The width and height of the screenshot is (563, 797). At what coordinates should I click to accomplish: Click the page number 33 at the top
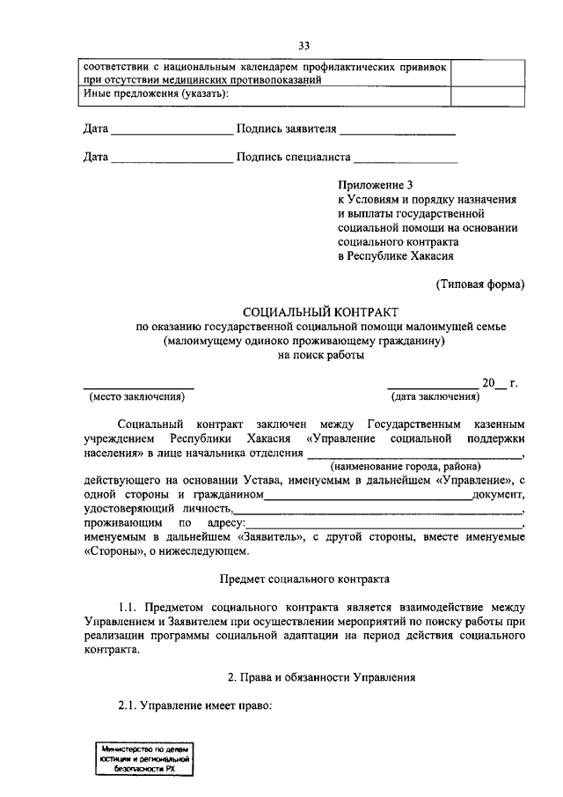coord(304,46)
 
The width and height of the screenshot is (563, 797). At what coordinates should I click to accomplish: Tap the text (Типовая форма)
coord(480,284)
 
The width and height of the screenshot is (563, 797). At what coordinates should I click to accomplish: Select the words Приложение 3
coord(375,185)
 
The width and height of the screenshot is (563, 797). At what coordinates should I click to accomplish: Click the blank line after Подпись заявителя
coord(397,130)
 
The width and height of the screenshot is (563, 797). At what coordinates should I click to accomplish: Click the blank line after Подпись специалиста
coord(406,159)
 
